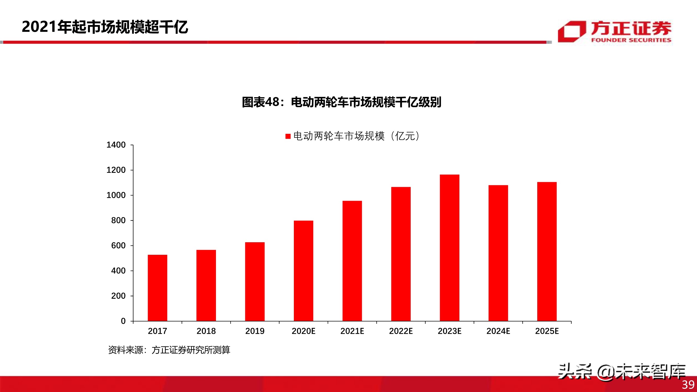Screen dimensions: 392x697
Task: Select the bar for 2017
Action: pos(157,288)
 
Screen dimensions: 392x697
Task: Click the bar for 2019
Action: pos(255,282)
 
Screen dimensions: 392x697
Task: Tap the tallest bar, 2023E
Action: pos(449,248)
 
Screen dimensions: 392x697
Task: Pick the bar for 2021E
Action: pos(352,261)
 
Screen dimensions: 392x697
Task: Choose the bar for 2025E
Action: pos(547,252)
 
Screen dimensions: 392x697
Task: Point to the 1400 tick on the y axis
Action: pos(116,145)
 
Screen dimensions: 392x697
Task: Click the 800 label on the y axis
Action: pos(118,221)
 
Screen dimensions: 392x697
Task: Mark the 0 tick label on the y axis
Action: pos(123,321)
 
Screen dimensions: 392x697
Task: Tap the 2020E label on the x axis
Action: pos(303,331)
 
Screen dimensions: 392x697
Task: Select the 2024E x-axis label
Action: pos(498,331)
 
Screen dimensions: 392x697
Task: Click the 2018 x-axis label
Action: pos(206,331)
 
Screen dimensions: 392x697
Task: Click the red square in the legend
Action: pos(288,136)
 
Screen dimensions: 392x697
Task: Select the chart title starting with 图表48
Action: pos(341,102)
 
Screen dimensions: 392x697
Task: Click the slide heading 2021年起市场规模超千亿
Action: pos(105,27)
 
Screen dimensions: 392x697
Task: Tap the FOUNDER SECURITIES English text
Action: pos(631,40)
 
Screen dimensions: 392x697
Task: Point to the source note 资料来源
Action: pos(169,350)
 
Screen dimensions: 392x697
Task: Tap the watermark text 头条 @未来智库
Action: pos(621,372)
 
